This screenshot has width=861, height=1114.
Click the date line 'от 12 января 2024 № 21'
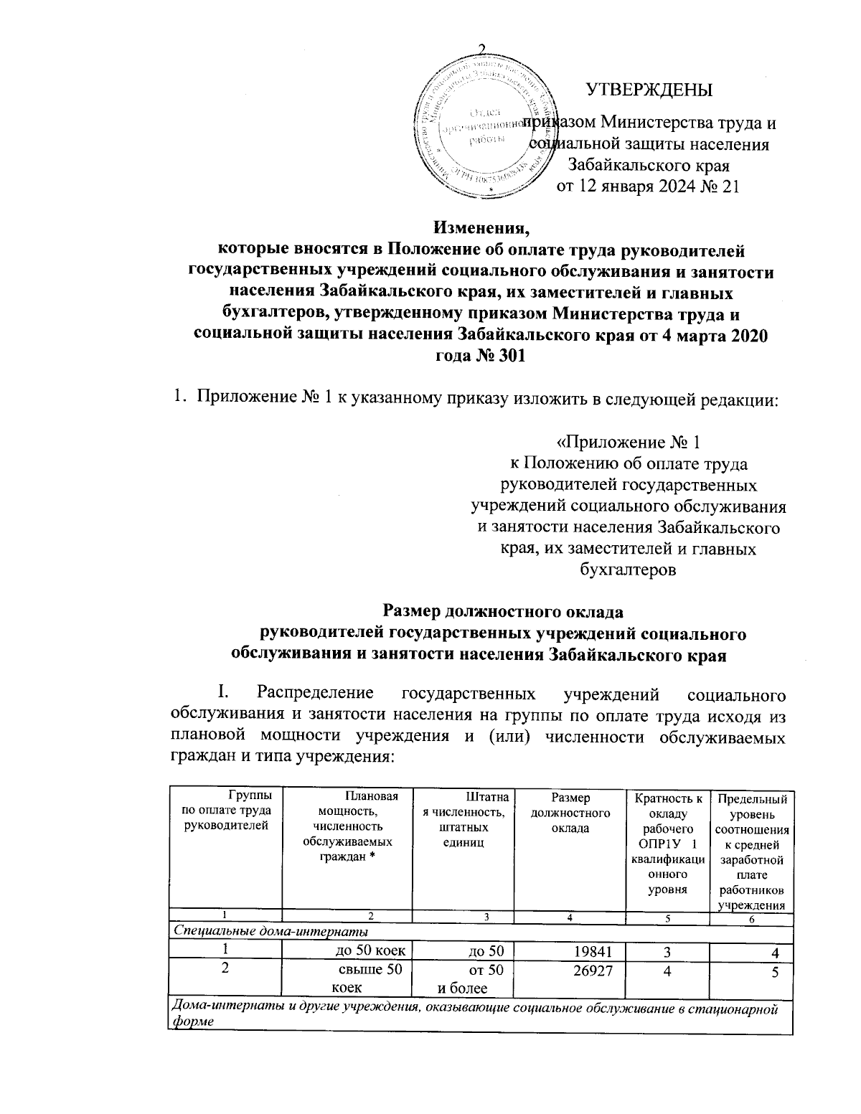pos(648,188)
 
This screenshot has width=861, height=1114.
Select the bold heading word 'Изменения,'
pos(481,230)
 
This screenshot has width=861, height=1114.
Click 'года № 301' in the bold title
pos(480,357)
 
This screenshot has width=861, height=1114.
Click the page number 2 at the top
pos(481,49)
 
